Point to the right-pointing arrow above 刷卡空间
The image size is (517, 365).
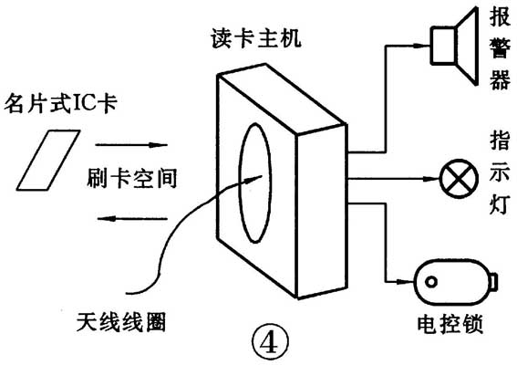(132, 143)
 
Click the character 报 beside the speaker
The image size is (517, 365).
(499, 17)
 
